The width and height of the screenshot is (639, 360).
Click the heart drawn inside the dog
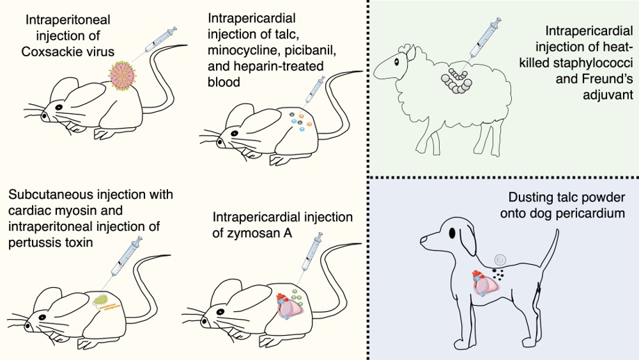click(486, 284)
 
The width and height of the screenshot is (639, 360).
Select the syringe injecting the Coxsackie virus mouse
click(158, 40)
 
